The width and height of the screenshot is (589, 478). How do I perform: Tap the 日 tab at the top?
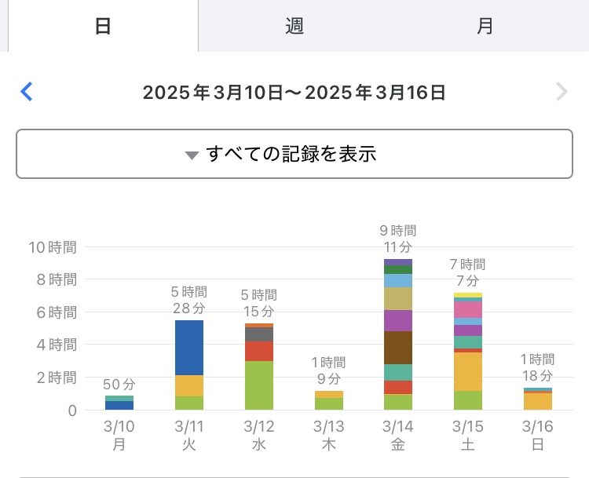pos(102,26)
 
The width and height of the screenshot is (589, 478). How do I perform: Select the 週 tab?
pos(294,26)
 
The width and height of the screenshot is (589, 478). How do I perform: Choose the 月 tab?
pos(485,26)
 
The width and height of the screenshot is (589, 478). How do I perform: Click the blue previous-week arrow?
pos(27,92)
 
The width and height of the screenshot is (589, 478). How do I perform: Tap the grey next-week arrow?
pos(562,92)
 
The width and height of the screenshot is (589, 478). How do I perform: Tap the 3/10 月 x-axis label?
pos(119,435)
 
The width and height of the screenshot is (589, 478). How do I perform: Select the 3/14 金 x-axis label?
pos(398,435)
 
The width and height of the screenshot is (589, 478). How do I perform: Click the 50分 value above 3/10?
pos(119,385)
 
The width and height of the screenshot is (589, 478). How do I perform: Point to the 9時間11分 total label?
pos(398,239)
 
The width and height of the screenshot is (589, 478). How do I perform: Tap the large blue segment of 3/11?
pos(188,348)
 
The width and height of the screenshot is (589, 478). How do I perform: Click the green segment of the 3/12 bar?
pos(258,385)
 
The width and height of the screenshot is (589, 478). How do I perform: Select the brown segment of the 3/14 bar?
pos(398,348)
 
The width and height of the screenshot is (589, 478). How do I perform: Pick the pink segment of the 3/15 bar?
pos(468,309)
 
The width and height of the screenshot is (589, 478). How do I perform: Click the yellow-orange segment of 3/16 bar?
pos(538,401)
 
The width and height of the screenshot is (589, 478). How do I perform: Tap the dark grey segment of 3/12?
pos(258,334)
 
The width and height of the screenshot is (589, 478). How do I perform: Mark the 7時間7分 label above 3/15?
pos(468,272)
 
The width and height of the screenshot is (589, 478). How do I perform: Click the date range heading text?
pos(294,93)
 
